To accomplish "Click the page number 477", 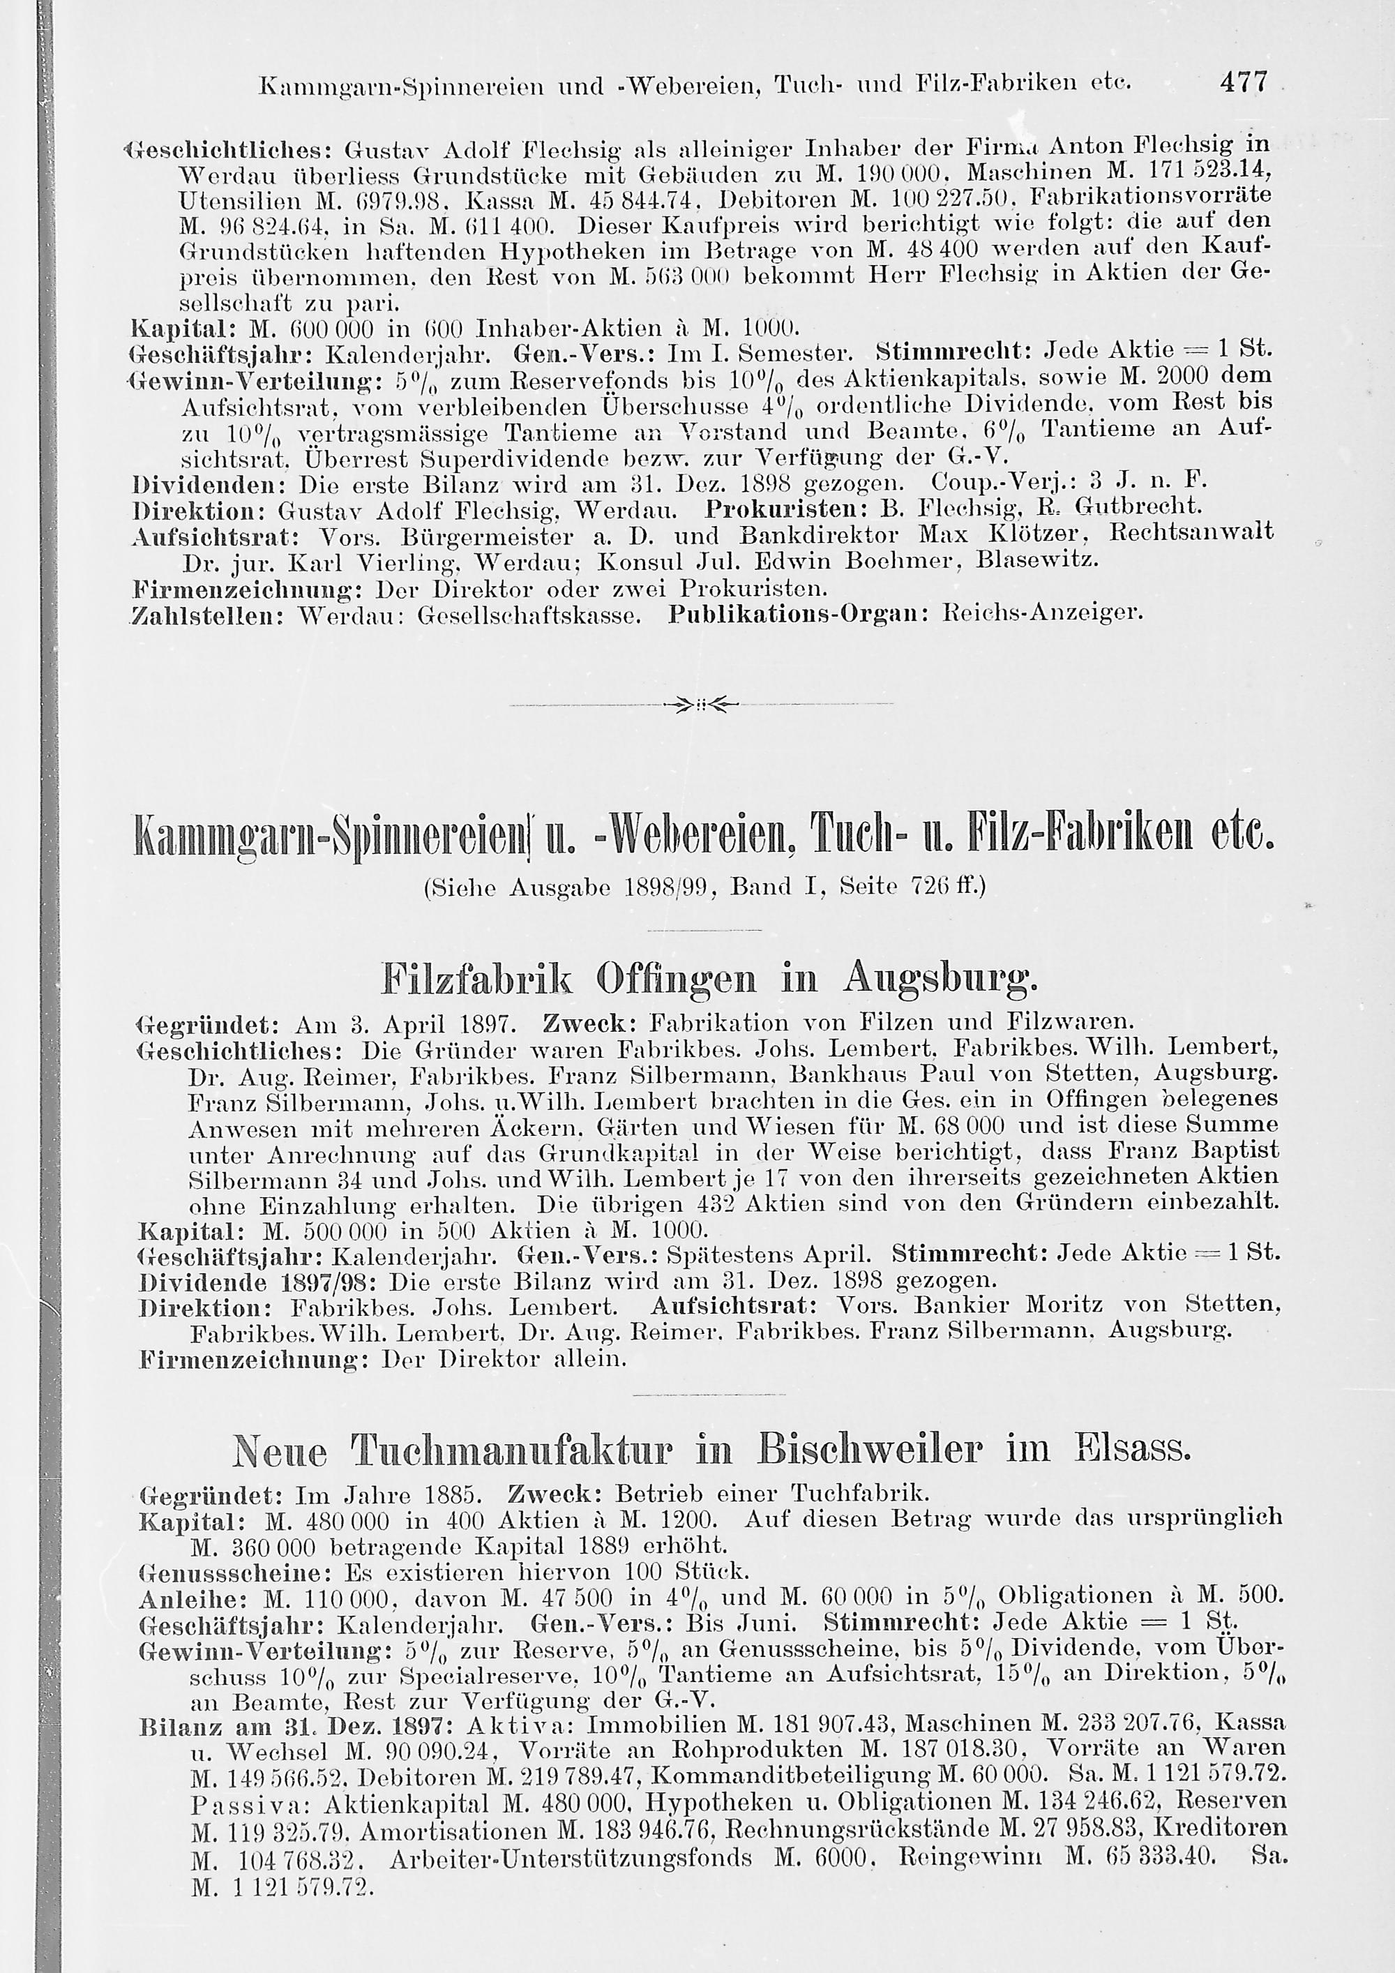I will (x=1242, y=82).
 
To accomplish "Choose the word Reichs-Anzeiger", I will (x=1043, y=615).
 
